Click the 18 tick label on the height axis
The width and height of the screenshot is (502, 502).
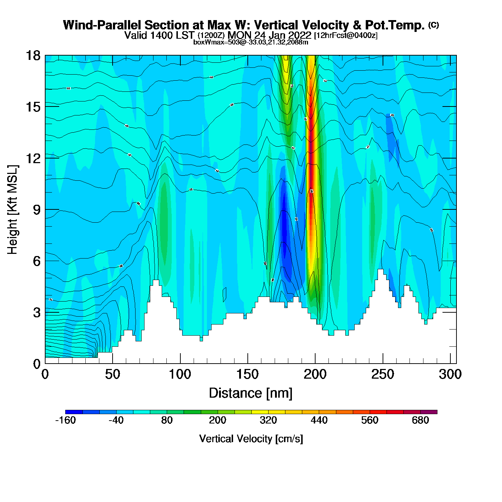(x=33, y=56)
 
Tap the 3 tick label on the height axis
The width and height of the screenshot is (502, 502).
(x=37, y=313)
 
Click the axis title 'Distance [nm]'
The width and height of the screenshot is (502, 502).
(x=251, y=393)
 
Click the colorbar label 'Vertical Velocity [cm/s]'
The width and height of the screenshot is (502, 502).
(x=251, y=439)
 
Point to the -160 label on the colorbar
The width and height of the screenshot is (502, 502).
(x=66, y=421)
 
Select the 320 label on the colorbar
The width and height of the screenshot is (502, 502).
(x=268, y=421)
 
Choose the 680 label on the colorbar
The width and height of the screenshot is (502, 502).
(x=420, y=421)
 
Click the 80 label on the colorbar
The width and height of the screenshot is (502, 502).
(x=167, y=421)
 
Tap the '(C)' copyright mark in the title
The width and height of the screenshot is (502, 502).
(x=434, y=25)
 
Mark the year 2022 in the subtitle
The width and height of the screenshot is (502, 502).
(x=300, y=35)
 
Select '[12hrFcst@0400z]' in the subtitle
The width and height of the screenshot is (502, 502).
(x=346, y=35)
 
